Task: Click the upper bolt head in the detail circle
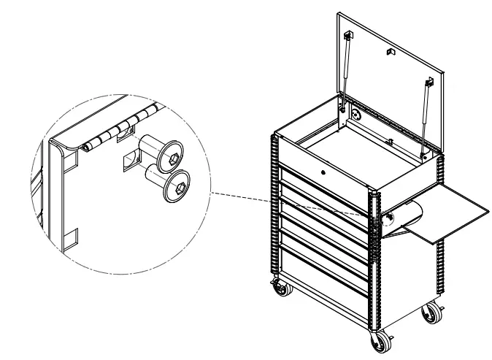click(x=174, y=155)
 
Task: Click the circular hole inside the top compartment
click(x=355, y=115)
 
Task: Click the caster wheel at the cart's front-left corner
click(x=280, y=291)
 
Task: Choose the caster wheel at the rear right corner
click(x=431, y=315)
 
